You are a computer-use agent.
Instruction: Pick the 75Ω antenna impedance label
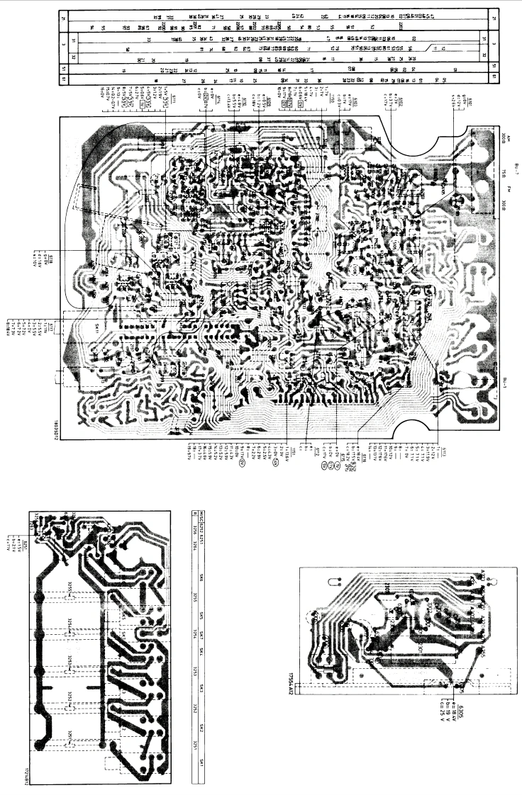point(501,174)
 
